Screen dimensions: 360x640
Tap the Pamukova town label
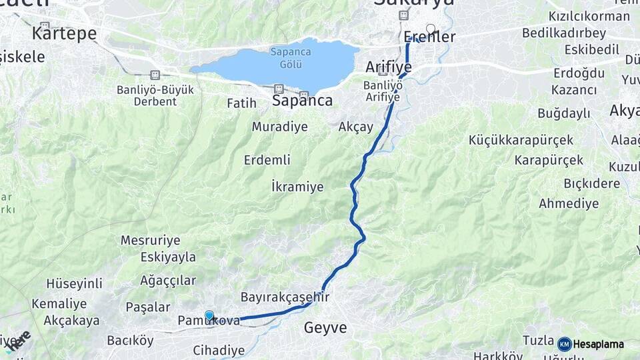point(209,321)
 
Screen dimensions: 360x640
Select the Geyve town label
point(325,328)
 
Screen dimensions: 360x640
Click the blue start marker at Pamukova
point(209,315)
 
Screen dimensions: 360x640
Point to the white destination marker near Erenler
point(431,29)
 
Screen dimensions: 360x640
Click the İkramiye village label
point(297,187)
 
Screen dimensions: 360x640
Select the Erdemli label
point(267,160)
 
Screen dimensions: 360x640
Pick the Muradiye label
point(279,127)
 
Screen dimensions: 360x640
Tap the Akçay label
point(356,127)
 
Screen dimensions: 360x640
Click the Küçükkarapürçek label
point(521,140)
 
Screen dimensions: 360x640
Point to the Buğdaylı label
point(563,113)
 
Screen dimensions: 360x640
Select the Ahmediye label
point(569,203)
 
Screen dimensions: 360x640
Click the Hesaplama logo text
point(598,345)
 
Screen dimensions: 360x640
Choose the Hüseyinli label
point(74,283)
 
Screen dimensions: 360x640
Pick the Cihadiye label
point(219,350)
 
